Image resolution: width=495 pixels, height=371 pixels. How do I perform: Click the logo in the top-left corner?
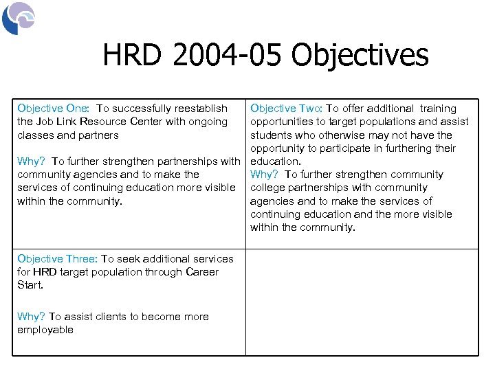point(19,18)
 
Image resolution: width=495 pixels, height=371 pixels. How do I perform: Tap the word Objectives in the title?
point(360,56)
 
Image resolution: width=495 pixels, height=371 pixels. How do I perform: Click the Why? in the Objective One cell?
point(31,161)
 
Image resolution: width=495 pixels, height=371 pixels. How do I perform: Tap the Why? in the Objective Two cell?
point(264,175)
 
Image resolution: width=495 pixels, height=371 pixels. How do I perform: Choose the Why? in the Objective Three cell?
point(31,317)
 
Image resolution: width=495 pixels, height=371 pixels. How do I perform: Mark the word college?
point(269,188)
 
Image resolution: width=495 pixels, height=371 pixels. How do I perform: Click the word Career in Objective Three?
point(202,272)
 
